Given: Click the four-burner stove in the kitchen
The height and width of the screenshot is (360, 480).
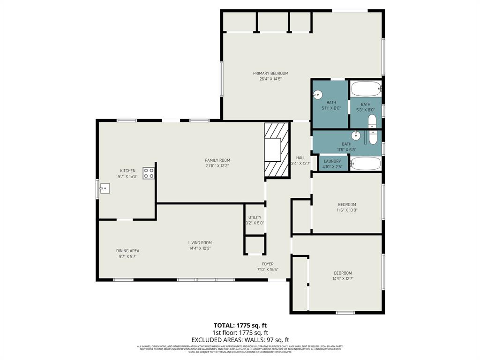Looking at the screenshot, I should coord(149,173).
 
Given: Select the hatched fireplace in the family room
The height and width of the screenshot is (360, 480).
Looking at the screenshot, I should coord(277,150).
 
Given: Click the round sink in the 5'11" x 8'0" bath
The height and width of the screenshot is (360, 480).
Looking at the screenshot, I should coord(317,94).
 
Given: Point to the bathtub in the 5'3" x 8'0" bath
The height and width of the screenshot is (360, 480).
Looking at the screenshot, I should coord(366,89).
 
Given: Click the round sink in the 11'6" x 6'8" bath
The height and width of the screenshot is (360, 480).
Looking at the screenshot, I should coord(356,136).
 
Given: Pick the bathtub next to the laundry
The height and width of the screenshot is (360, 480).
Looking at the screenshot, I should coord(366,164).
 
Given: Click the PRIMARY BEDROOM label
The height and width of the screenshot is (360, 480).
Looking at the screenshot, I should coord(270,73).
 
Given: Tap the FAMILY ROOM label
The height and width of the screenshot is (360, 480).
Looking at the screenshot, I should coord(217,160).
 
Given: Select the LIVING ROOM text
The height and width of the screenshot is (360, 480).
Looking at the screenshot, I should coord(200,243).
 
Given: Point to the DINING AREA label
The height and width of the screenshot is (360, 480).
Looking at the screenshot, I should coord(127,251).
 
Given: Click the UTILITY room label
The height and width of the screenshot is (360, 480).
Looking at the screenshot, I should coord(255,217).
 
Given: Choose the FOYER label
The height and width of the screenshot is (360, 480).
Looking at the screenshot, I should coord(268,264).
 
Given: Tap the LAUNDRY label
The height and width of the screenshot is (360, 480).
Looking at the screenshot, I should coord(332,161).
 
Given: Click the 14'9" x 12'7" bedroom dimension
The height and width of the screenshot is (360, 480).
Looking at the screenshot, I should coord(343,278).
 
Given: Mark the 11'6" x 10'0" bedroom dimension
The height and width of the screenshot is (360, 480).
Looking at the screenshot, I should coord(347,210).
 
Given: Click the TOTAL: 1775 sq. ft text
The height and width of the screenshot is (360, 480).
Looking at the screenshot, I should coord(240,325).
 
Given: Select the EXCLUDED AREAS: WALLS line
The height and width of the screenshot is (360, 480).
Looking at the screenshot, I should coord(240,339).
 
